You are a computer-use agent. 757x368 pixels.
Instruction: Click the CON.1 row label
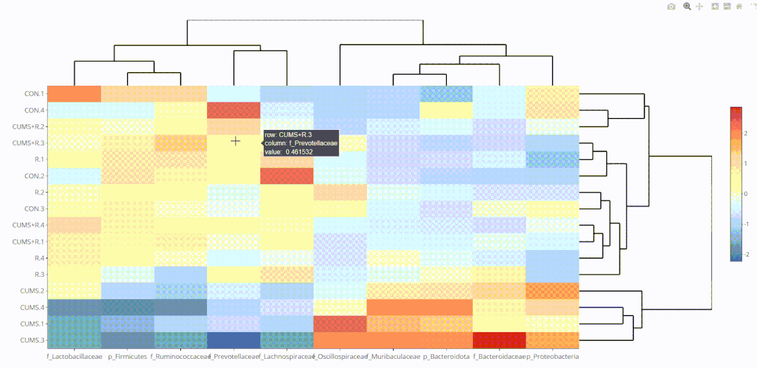point(34,93)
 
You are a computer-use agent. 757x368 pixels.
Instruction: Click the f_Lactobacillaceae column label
point(74,357)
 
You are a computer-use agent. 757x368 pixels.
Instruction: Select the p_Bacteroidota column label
point(446,357)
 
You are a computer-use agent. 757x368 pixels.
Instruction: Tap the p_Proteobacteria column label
point(553,357)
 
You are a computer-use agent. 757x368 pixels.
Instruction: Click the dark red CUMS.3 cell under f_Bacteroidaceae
point(499,340)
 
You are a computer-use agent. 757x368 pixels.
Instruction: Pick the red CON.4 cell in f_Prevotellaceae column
point(234,110)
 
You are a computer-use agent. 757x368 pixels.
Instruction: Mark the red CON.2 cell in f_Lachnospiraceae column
point(286,176)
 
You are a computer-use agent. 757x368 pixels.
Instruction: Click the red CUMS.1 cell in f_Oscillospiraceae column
point(340,324)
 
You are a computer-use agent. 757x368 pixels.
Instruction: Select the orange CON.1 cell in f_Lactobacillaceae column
point(74,93)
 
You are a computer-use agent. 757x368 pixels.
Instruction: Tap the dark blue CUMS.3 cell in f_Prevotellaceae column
point(234,340)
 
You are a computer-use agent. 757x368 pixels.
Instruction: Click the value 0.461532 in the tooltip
point(299,151)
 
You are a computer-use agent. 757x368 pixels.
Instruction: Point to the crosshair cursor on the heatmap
point(236,141)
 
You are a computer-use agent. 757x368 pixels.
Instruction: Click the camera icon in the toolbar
point(671,6)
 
